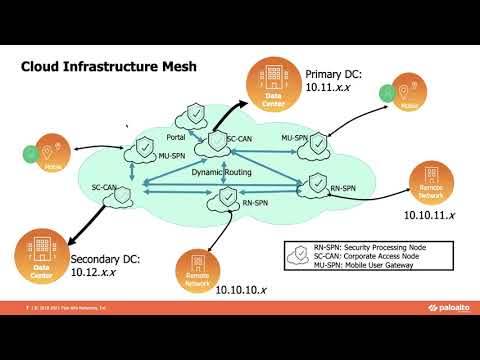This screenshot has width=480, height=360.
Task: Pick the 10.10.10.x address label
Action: pyautogui.click(x=243, y=290)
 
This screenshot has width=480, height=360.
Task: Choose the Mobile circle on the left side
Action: pyautogui.click(x=53, y=154)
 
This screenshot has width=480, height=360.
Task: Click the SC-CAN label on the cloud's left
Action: pyautogui.click(x=105, y=186)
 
